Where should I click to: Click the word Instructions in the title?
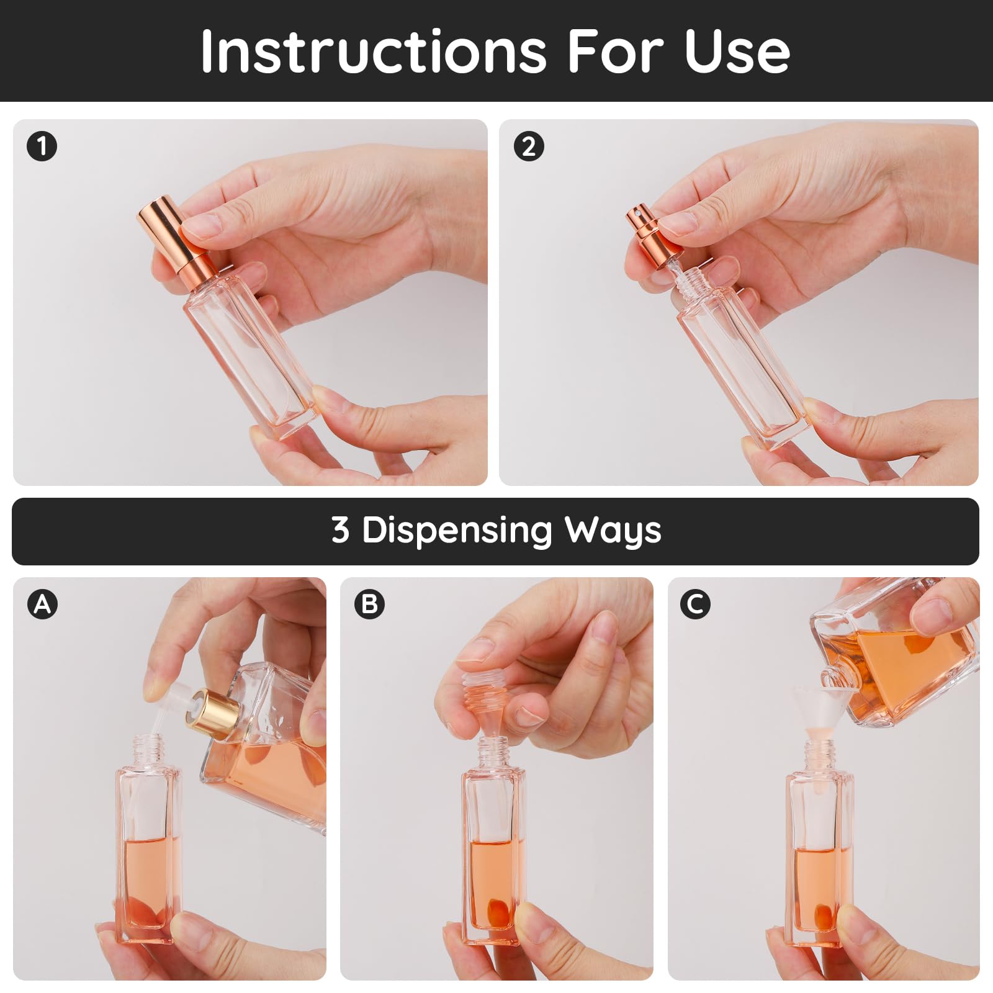(374, 51)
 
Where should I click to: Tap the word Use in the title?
(737, 51)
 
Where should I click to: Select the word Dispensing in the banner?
(457, 531)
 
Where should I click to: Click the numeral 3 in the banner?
(340, 530)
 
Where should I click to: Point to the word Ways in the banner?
(613, 531)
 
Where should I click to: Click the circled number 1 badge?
(42, 147)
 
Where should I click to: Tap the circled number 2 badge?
(529, 147)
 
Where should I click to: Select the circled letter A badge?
(42, 604)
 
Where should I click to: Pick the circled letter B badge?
(369, 604)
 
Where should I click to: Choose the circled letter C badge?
(695, 604)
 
